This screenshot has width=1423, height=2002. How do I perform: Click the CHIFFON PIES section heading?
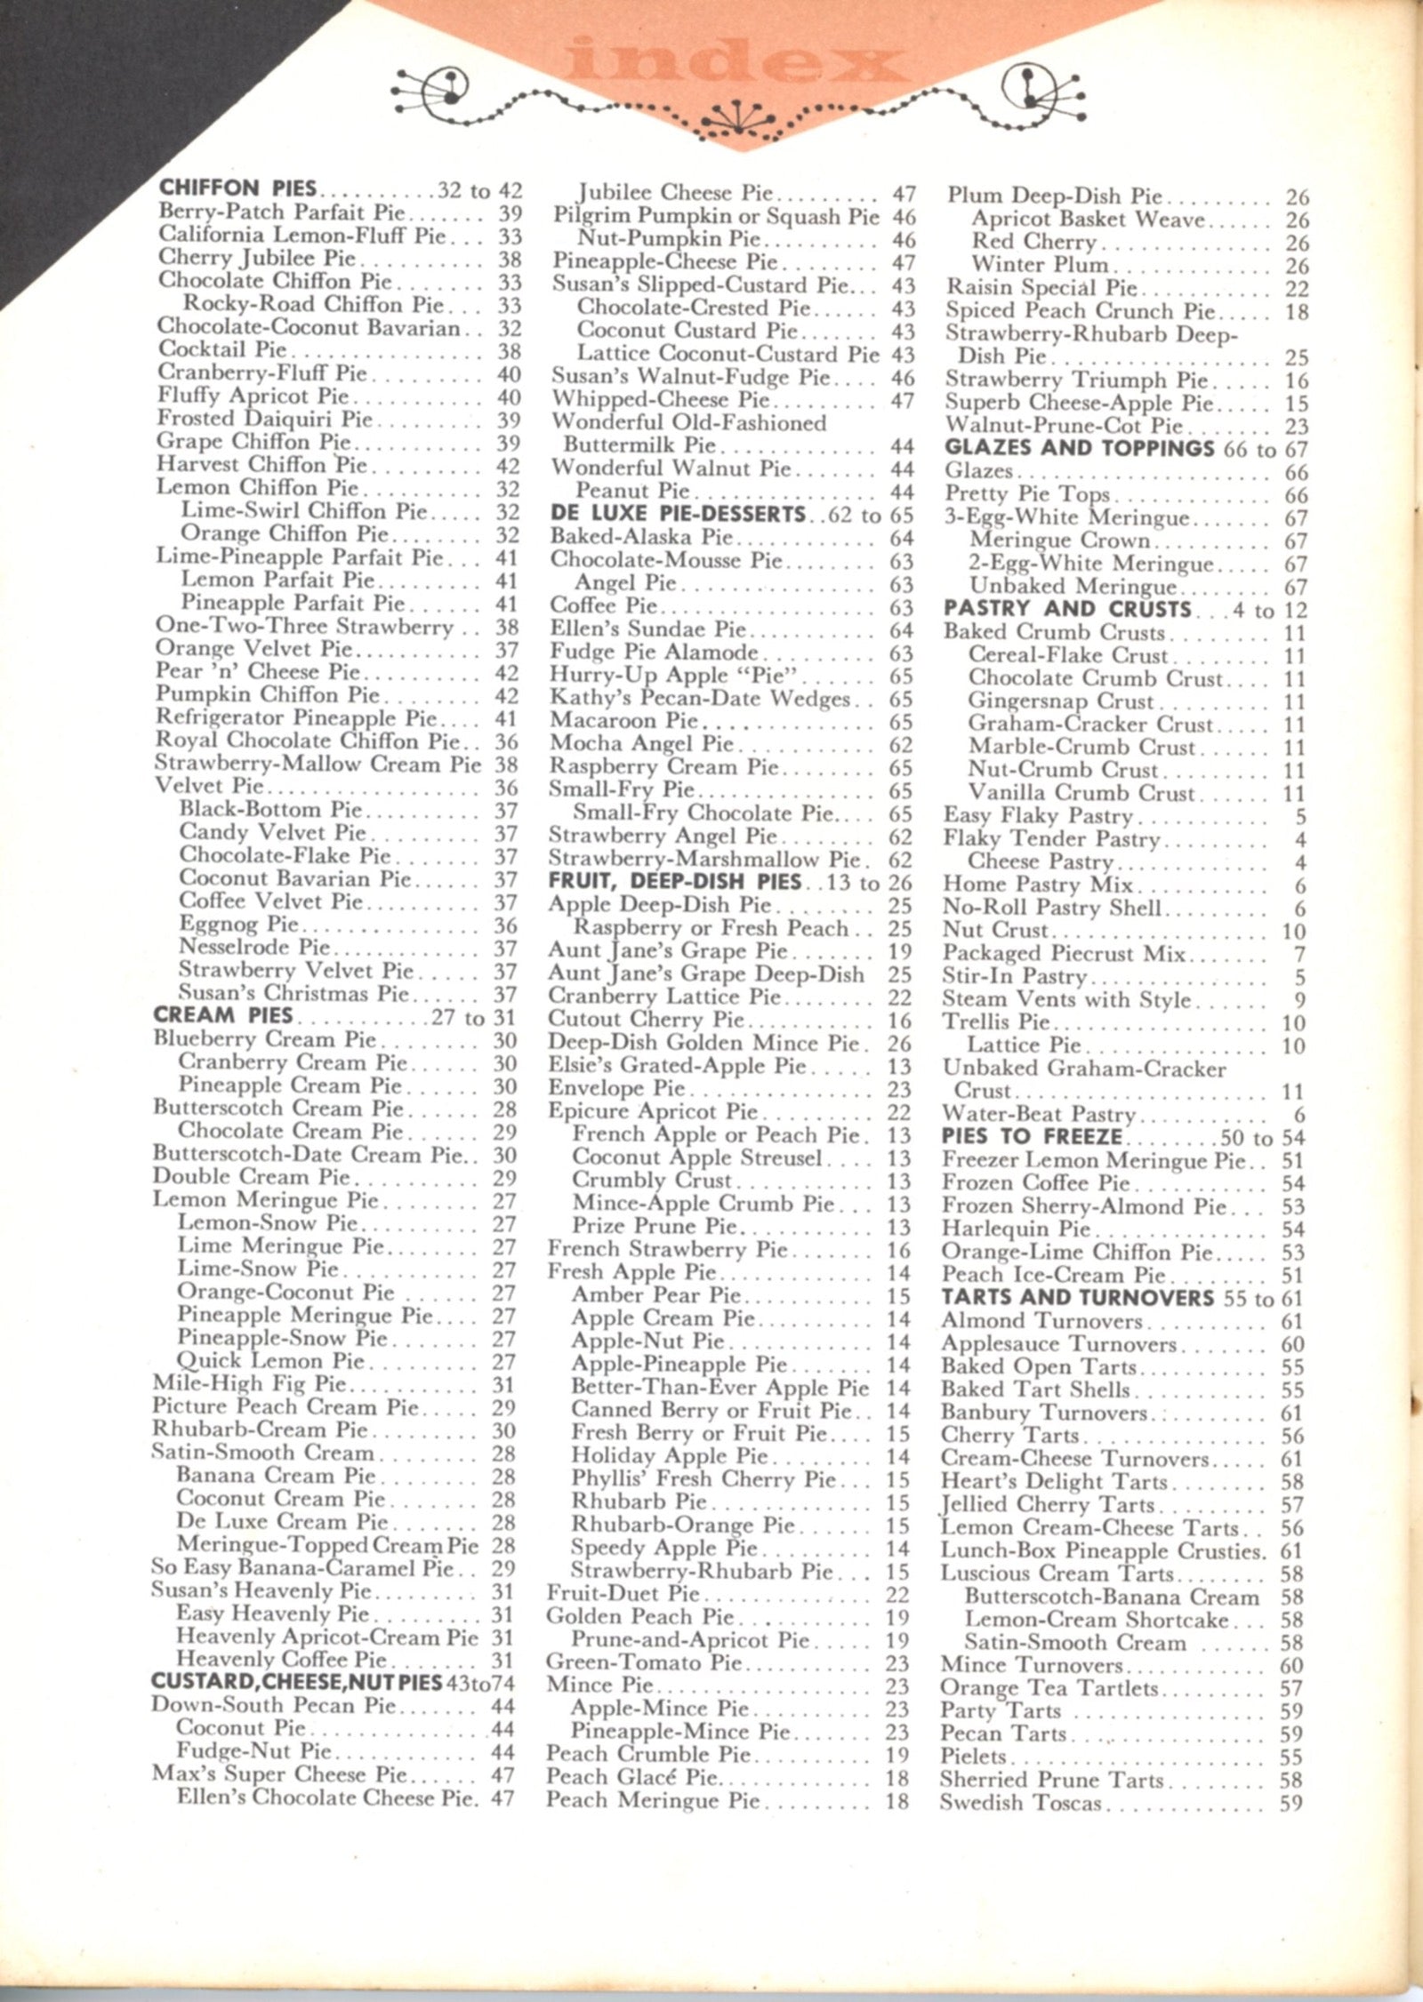click(x=237, y=188)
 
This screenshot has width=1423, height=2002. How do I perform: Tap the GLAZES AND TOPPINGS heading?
click(x=1079, y=448)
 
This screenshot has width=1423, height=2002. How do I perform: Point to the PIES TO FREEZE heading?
click(x=1032, y=1137)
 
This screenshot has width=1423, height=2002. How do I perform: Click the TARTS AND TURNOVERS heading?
click(x=1077, y=1298)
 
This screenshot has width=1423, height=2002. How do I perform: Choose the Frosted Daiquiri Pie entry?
click(x=265, y=419)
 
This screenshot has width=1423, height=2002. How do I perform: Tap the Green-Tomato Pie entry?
click(x=643, y=1662)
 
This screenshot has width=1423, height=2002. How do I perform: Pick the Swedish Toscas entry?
click(x=1021, y=1803)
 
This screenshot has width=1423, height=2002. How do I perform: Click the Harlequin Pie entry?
click(x=1016, y=1229)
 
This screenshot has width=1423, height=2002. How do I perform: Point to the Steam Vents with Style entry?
click(x=1066, y=1000)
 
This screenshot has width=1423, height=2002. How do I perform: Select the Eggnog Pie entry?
click(x=240, y=925)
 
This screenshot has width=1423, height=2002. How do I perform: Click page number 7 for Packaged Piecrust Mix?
click(x=1299, y=955)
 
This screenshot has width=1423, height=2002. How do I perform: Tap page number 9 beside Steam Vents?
click(x=1299, y=1001)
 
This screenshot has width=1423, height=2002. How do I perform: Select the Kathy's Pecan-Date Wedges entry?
click(x=699, y=699)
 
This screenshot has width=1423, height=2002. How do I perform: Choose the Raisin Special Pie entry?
click(x=1041, y=288)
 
